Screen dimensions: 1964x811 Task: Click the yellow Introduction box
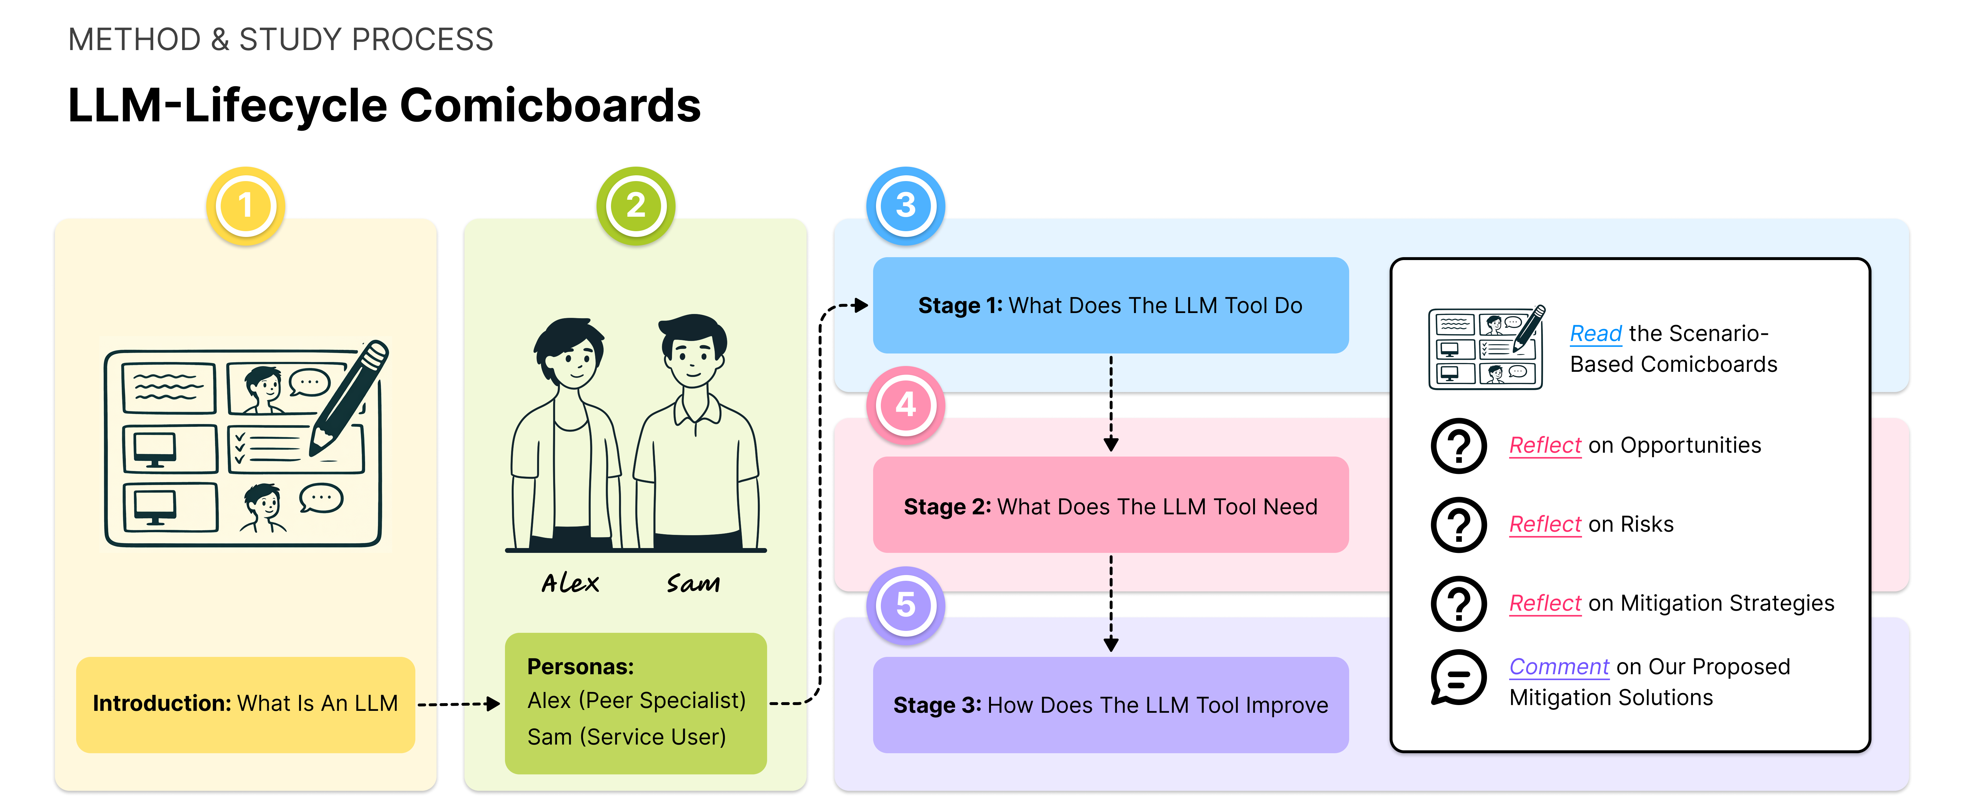click(x=245, y=704)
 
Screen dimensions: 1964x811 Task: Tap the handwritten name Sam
click(x=693, y=583)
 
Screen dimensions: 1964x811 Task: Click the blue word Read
click(x=1595, y=334)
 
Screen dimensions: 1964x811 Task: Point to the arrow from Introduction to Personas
click(x=459, y=704)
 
